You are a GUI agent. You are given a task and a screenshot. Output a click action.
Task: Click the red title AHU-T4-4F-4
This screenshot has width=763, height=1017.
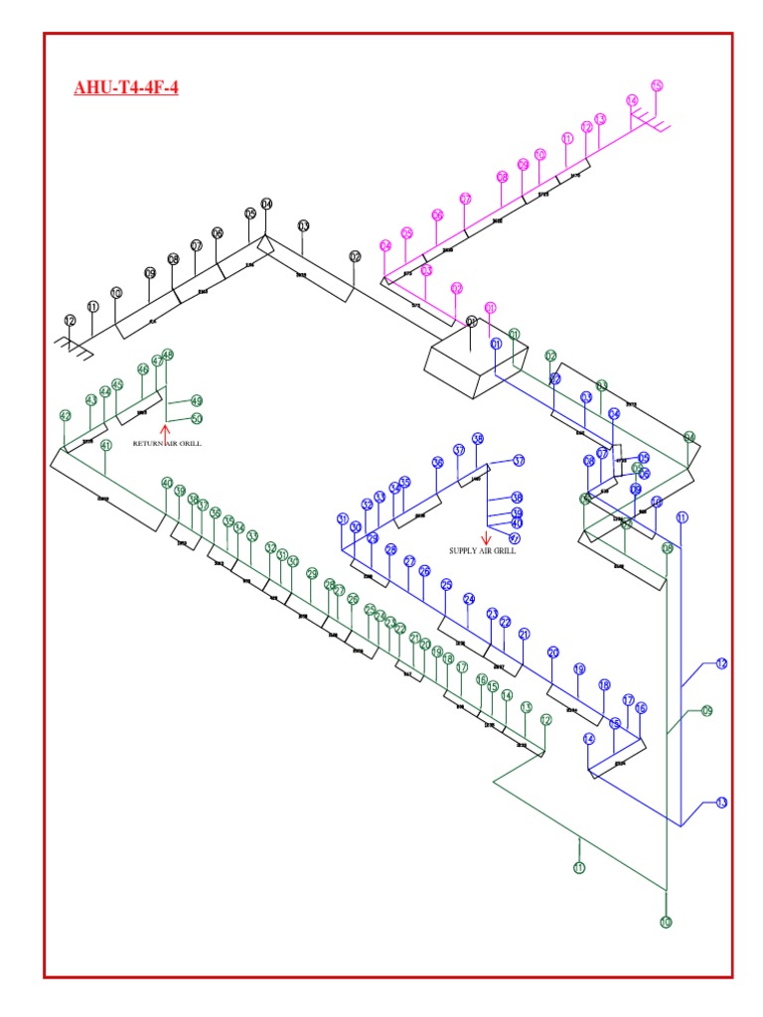[x=126, y=87]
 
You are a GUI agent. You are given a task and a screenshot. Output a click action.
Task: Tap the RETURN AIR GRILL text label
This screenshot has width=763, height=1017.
[x=167, y=443]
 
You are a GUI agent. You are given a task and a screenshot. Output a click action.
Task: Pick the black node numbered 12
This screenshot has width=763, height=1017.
[x=70, y=320]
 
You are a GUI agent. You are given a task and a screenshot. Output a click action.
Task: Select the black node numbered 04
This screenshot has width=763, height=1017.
[x=266, y=204]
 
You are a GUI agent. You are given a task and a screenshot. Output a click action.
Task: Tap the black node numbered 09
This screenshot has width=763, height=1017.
[x=150, y=272]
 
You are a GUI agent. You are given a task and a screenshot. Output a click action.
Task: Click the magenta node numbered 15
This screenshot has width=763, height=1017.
[x=656, y=85]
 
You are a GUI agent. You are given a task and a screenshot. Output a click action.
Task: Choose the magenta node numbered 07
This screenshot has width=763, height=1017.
[x=465, y=199]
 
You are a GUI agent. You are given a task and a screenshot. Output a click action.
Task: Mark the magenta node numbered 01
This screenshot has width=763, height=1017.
[x=490, y=308]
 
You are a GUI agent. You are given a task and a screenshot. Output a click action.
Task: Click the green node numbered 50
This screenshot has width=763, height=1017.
[x=197, y=418]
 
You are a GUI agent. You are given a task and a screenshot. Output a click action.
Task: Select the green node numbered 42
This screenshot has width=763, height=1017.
[x=66, y=415]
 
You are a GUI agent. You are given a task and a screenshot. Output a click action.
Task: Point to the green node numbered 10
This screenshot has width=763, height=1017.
[x=666, y=922]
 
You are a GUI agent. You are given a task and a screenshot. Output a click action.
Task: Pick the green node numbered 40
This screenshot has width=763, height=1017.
[x=167, y=483]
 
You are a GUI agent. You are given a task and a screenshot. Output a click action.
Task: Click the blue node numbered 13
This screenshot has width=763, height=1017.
[x=721, y=802]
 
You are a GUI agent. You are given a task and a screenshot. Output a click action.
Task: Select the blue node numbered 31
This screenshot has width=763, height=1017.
[x=343, y=518]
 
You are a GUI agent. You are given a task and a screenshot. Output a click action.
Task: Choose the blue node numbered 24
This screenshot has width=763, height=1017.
[x=469, y=598]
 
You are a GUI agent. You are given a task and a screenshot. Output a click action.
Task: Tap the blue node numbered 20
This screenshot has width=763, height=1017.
[x=553, y=652]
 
